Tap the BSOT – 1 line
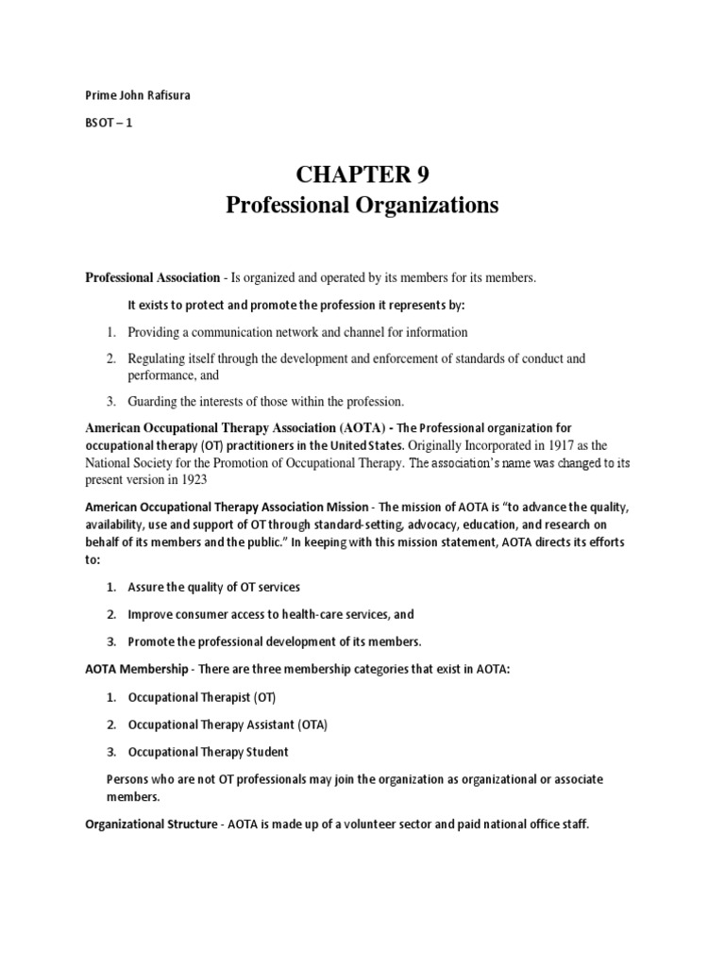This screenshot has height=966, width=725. pos(110,133)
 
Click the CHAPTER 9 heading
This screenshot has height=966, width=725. pos(362,175)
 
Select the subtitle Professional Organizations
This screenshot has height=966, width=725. pos(362,206)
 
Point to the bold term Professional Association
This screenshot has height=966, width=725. pos(152,278)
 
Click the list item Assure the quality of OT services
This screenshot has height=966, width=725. pos(214,587)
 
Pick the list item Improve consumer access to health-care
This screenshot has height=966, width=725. pos(271,614)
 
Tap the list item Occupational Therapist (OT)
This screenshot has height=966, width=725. pos(203,697)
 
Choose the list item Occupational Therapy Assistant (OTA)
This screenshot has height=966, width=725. pos(228,724)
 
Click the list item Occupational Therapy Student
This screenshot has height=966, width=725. pos(209,752)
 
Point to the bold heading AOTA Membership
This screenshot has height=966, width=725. pos(138,669)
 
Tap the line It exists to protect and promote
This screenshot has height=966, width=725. pos(296,305)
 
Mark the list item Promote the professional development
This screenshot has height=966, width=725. pos(275,641)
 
